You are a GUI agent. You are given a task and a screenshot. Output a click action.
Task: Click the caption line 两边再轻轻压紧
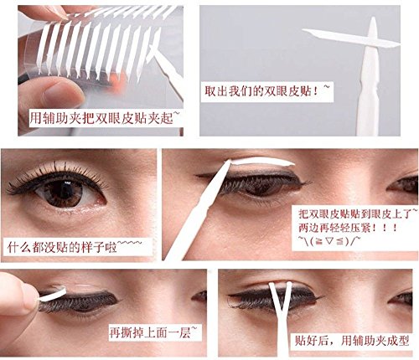point(340,227)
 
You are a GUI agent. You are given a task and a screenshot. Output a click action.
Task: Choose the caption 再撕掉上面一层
point(154,332)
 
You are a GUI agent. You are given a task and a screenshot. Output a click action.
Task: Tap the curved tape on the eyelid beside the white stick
point(251,162)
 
